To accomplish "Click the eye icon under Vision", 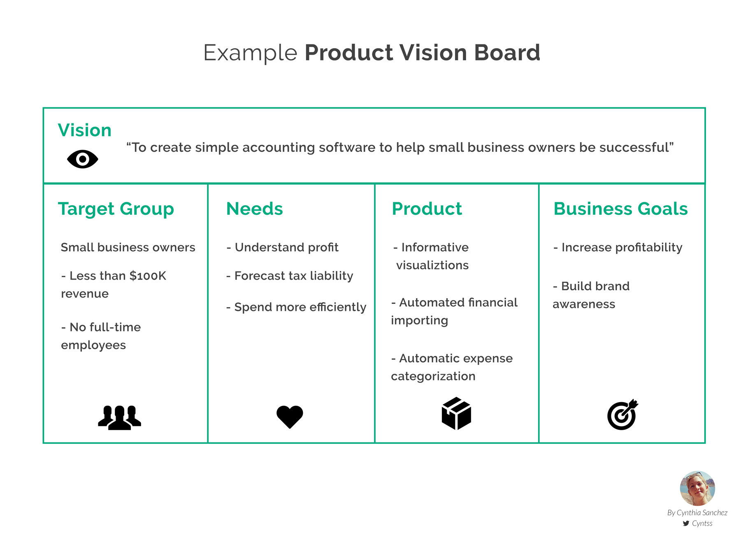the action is [x=82, y=159].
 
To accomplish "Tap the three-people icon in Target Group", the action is [x=119, y=417].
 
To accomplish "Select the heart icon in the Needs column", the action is [x=290, y=417].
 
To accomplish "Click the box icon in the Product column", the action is [x=456, y=414].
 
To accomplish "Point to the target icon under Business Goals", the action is [x=622, y=415].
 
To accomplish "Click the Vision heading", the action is [x=85, y=130].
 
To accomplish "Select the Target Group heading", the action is [x=116, y=209].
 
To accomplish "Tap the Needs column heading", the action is [x=255, y=209].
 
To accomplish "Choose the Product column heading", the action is [x=427, y=209].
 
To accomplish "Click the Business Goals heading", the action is [x=620, y=209].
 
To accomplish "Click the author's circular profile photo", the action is [x=697, y=488].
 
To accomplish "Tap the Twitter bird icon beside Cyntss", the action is [x=686, y=523].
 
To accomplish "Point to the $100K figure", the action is [x=148, y=276].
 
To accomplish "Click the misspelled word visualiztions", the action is [x=432, y=265].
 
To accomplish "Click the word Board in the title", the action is [x=507, y=53].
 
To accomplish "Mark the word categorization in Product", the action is [x=433, y=376].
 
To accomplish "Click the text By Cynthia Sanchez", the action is [x=697, y=513].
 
